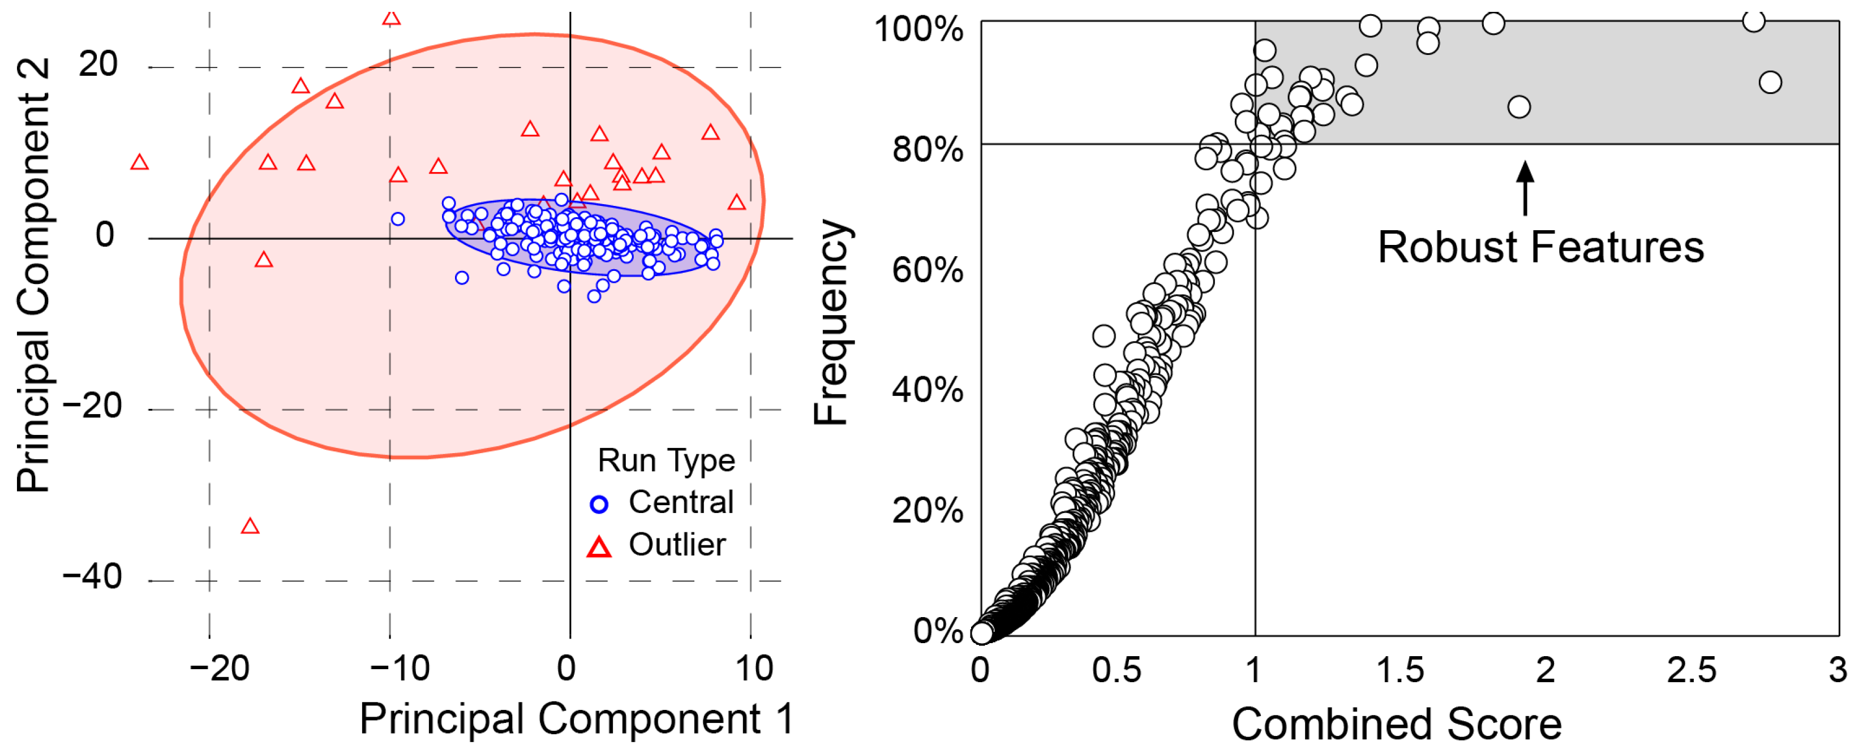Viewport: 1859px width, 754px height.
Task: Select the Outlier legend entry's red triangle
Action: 599,547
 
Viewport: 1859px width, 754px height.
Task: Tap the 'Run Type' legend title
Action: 666,461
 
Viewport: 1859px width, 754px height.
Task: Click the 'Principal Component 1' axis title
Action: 577,718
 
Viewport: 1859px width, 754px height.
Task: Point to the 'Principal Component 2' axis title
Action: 33,275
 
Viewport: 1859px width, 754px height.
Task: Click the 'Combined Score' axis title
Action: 1397,723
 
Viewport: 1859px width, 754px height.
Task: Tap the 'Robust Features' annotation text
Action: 1541,248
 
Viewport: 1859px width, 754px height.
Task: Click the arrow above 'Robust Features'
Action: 1525,188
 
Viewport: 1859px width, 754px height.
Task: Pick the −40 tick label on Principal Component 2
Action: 92,576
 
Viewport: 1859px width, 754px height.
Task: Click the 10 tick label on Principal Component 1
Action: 753,669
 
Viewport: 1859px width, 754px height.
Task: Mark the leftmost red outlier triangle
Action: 140,162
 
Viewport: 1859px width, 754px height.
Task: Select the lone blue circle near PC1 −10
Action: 398,219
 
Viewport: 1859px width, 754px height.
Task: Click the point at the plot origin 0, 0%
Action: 981,633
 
